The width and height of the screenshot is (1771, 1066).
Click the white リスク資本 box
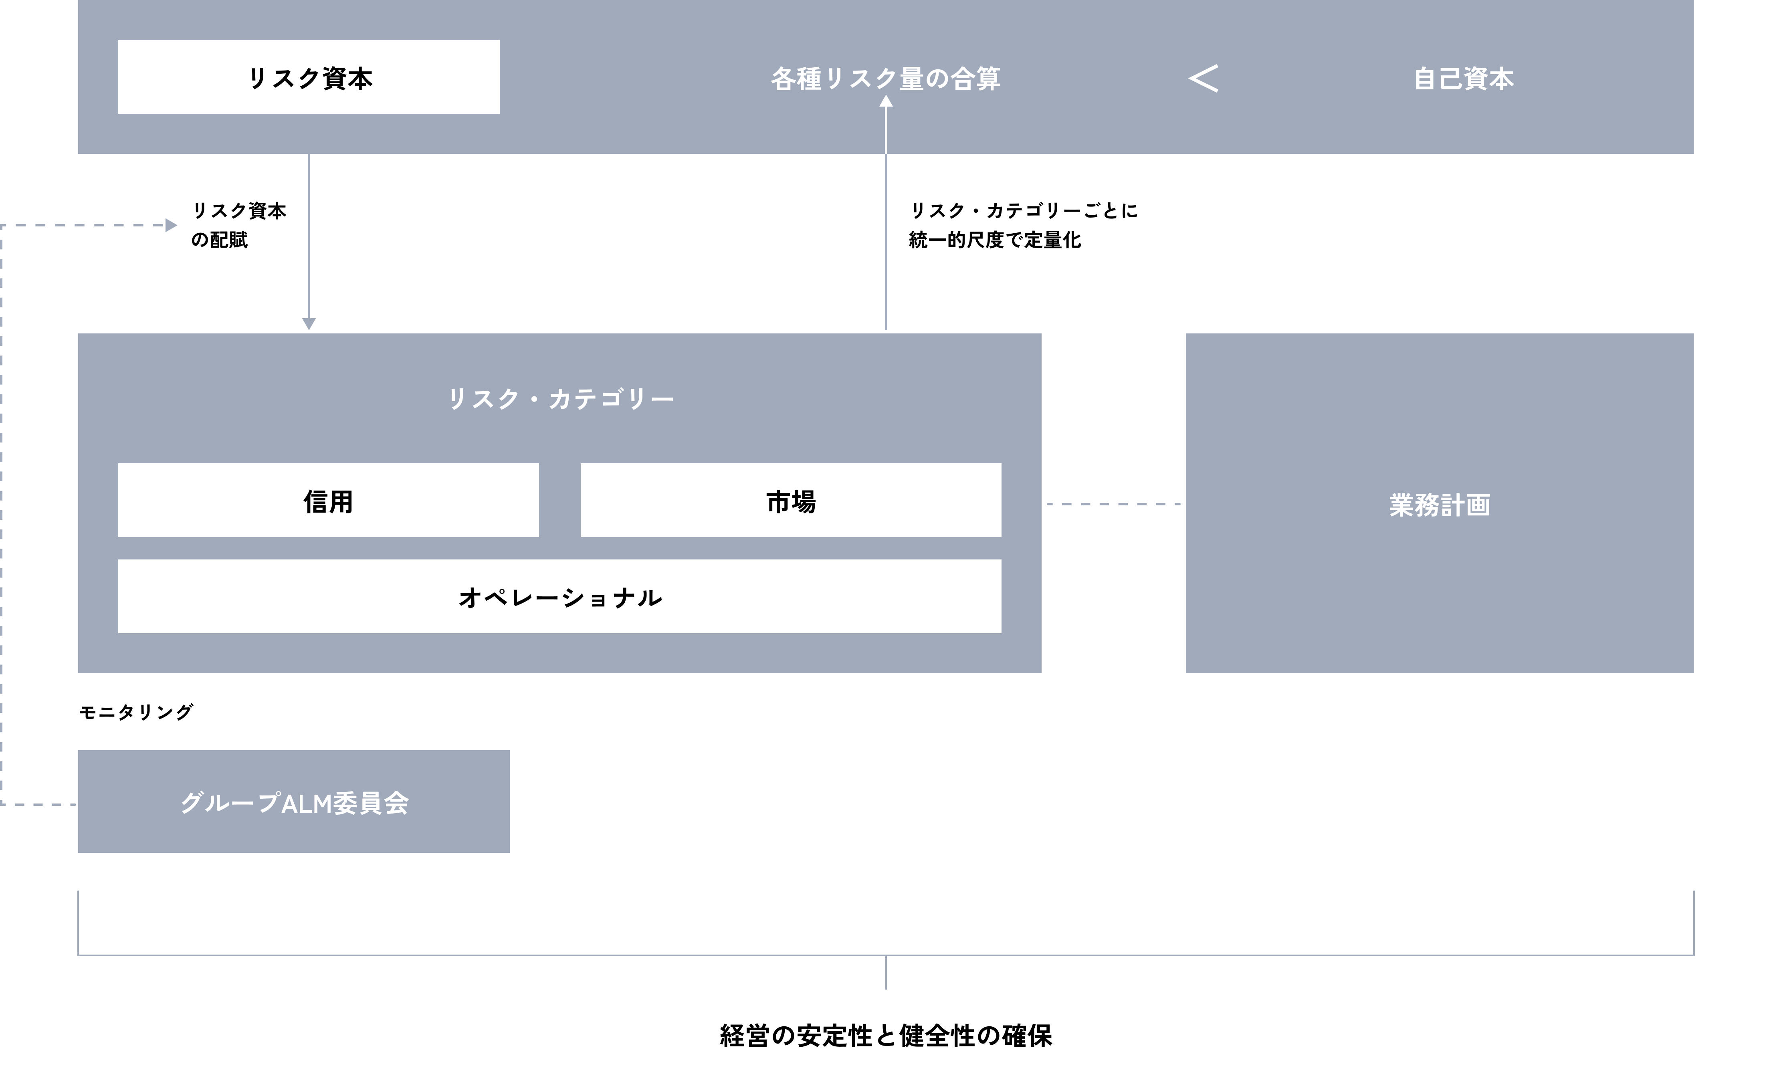point(309,77)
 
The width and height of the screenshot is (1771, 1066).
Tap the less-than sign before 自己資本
point(1204,78)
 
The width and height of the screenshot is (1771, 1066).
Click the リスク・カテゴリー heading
point(560,399)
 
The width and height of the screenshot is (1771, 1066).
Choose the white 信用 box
point(328,501)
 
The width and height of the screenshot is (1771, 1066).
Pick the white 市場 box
point(791,501)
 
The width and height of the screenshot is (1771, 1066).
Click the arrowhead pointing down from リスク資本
point(309,324)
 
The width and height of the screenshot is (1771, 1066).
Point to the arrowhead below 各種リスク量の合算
point(886,102)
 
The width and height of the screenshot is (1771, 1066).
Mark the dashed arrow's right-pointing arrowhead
point(171,226)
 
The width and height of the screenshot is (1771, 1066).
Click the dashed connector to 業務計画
point(1113,504)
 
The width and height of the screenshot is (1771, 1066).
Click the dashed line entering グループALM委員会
point(40,805)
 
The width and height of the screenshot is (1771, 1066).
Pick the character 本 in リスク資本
point(361,78)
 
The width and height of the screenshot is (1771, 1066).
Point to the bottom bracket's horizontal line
point(575,955)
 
